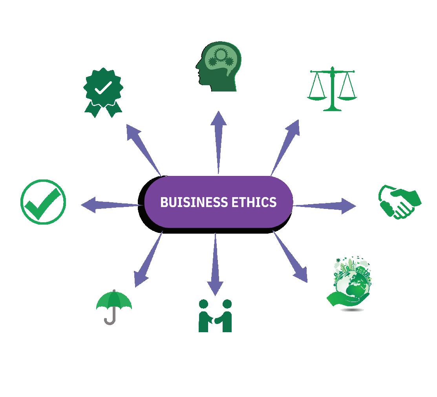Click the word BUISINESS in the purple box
[193, 202]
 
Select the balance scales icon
[332, 89]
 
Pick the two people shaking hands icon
[215, 316]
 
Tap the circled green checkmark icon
[43, 202]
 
